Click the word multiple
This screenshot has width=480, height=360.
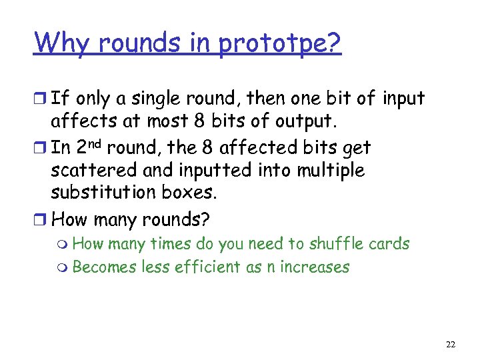tap(332, 171)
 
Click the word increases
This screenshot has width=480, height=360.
tap(316, 267)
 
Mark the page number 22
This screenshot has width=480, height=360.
tap(451, 345)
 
